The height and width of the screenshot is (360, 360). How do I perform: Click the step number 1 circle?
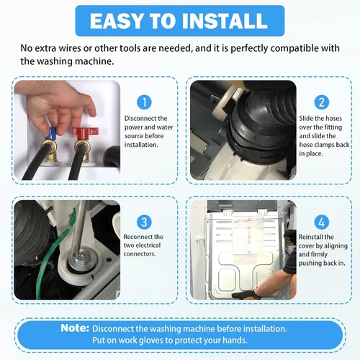[x=144, y=102]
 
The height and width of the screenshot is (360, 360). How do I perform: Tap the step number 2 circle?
[x=322, y=102]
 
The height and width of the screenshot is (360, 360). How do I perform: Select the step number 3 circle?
[x=144, y=222]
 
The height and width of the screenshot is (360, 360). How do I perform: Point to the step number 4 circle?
[x=322, y=222]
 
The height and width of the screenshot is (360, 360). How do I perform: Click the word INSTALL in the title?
[x=225, y=21]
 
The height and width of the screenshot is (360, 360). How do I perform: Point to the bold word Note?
[x=75, y=328]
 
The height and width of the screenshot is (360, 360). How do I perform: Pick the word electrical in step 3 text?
[x=148, y=246]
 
